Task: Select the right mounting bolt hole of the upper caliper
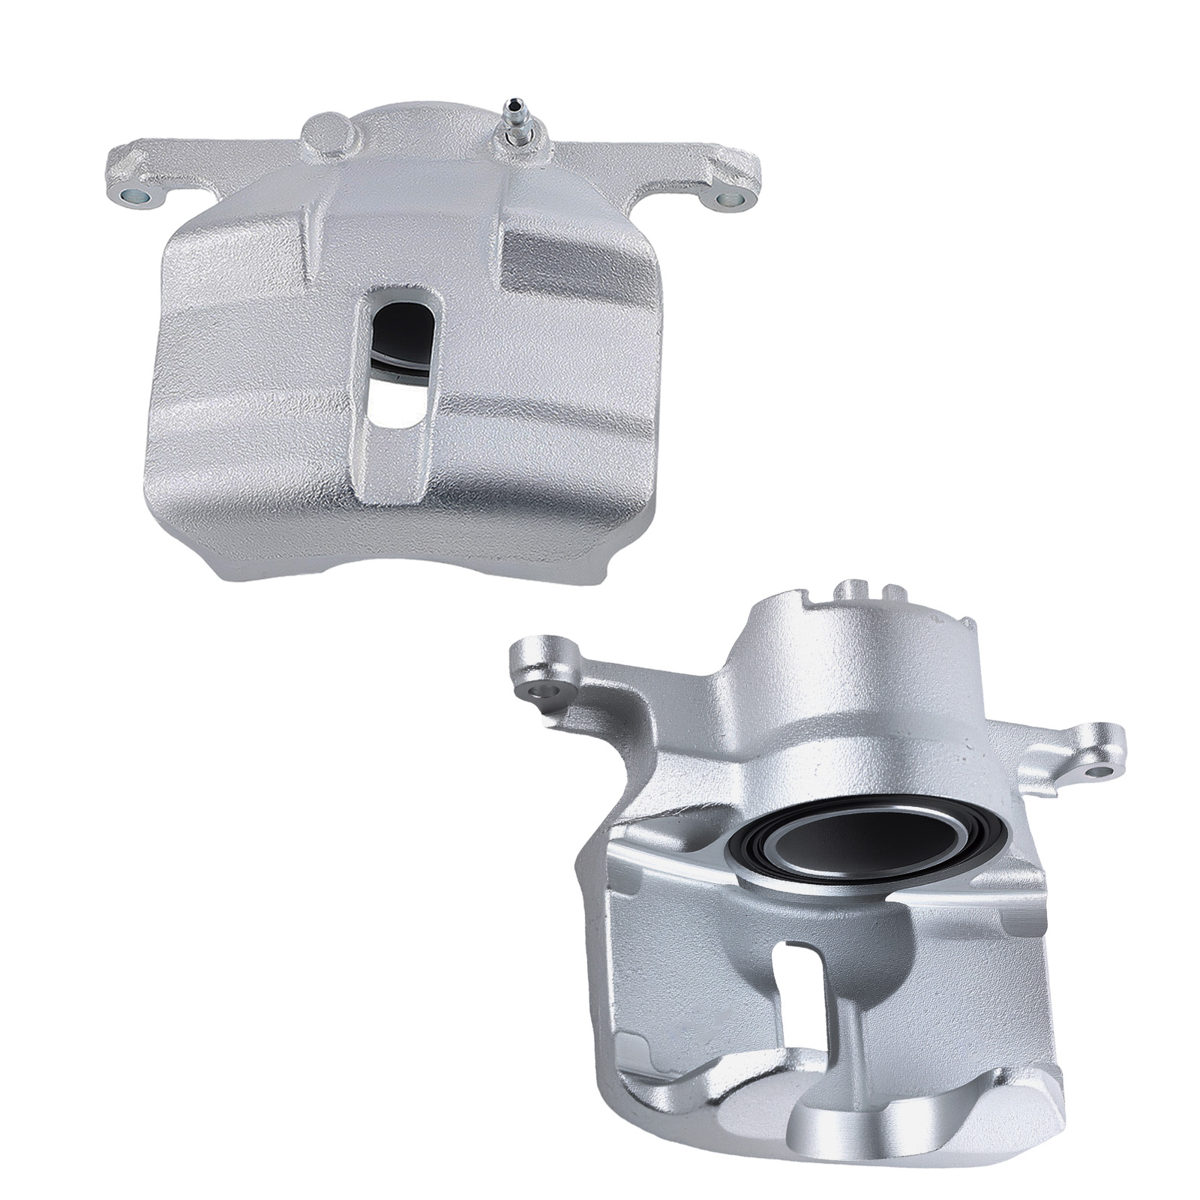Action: coord(727,198)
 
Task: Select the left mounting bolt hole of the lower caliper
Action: coord(541,691)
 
